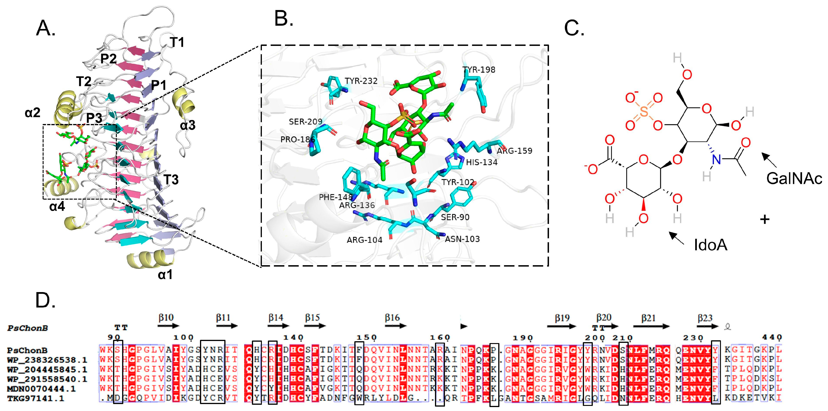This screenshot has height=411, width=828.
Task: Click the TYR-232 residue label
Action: point(361,81)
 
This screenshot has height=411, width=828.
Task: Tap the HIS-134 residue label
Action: point(482,162)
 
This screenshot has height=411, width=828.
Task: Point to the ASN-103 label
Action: point(462,239)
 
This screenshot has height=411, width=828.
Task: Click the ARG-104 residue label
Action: point(365,240)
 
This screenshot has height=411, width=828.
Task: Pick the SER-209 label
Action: point(305,121)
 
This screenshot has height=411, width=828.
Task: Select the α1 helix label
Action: point(165,275)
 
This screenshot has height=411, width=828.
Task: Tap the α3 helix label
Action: point(188,125)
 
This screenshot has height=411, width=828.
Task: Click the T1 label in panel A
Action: point(177,42)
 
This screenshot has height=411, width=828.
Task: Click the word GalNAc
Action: point(794,179)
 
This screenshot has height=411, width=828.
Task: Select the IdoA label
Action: point(710,245)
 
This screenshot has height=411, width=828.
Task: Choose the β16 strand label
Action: point(392,318)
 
